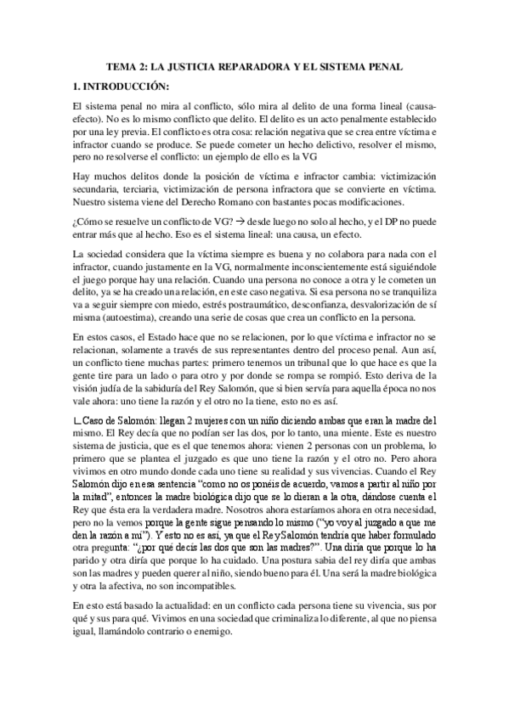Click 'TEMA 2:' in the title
coord(131,65)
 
